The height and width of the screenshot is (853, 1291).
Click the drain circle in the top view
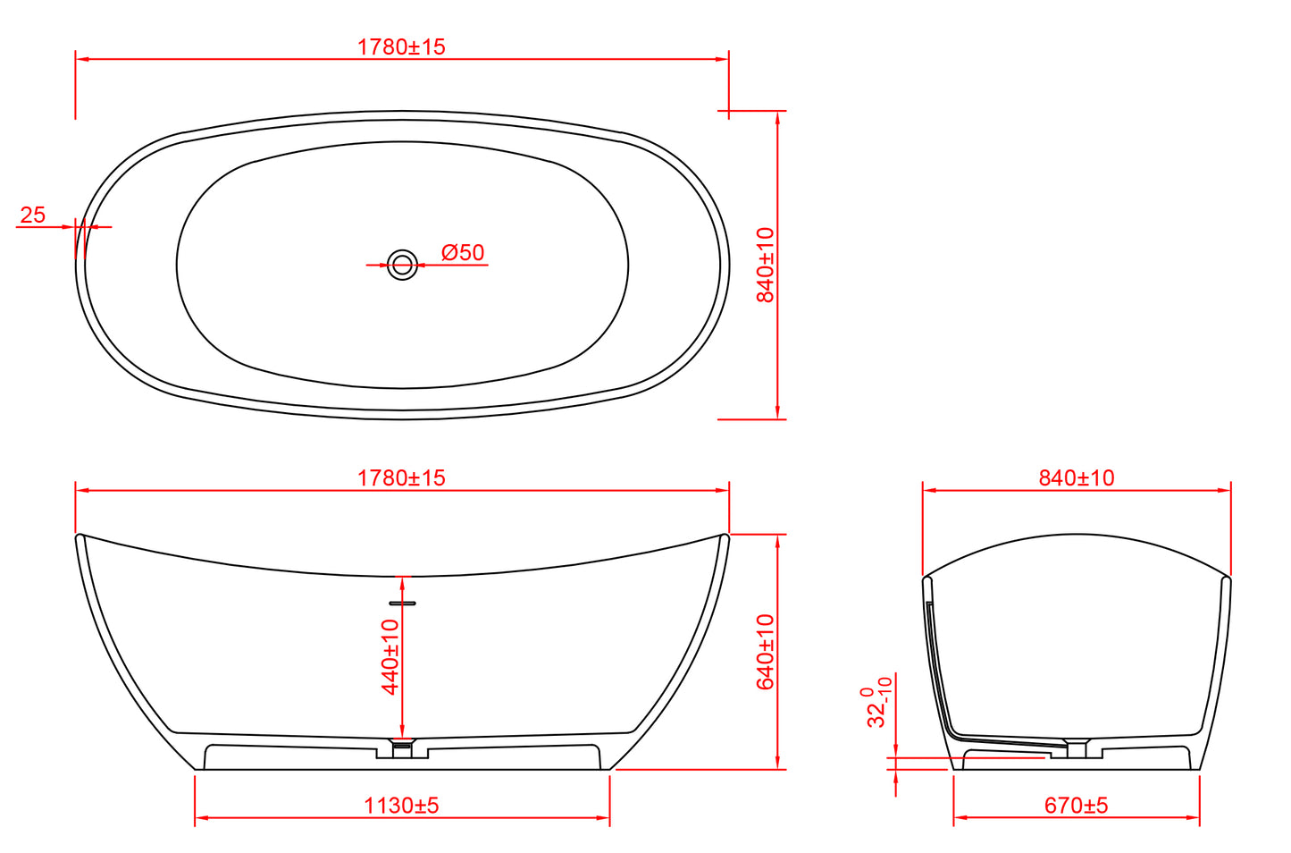pos(402,265)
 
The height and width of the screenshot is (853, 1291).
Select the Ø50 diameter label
pos(463,253)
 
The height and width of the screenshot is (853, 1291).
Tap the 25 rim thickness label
pos(33,215)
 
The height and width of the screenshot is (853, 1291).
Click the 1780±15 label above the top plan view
pos(401,46)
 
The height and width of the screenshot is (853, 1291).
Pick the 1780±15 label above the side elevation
pos(401,477)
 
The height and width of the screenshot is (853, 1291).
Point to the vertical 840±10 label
pos(766,265)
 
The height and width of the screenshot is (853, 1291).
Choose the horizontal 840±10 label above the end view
pos(1076,477)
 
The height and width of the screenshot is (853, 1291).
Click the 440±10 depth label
pos(390,656)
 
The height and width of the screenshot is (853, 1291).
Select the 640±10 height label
pos(766,652)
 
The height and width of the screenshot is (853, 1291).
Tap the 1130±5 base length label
pos(401,806)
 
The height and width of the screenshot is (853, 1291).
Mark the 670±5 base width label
pos(1076,806)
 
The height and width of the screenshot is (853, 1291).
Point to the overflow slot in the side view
pos(402,604)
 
